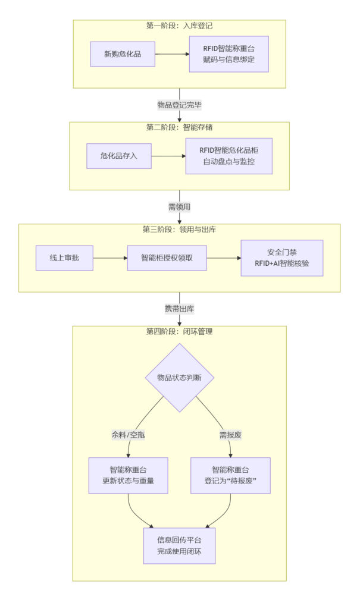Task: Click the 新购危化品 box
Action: click(x=124, y=54)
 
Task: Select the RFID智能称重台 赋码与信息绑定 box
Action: click(x=229, y=54)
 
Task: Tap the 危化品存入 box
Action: click(x=119, y=156)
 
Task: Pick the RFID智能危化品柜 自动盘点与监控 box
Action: click(x=228, y=156)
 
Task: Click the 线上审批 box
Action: click(x=64, y=258)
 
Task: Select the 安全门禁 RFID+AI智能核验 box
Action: click(x=281, y=258)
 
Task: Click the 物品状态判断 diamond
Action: click(x=179, y=378)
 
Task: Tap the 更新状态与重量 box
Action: click(x=128, y=475)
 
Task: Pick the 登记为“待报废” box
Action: click(x=230, y=475)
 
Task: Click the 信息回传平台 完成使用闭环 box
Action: click(x=179, y=545)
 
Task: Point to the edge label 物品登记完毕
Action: click(x=179, y=105)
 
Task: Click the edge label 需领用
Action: click(x=179, y=207)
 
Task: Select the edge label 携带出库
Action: click(x=179, y=309)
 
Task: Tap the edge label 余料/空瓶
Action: click(x=129, y=435)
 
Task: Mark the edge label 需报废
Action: click(x=230, y=435)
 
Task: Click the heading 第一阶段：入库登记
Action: click(x=179, y=26)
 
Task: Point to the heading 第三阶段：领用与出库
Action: click(x=179, y=230)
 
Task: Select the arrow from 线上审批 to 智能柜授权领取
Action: click(x=110, y=258)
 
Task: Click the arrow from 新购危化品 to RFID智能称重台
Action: click(x=173, y=54)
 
